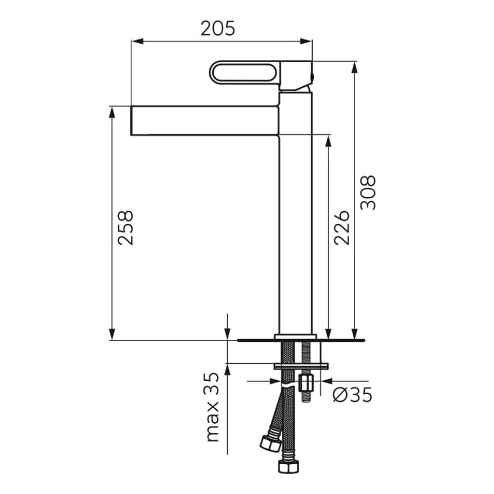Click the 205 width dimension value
(x=218, y=28)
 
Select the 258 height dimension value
(x=126, y=228)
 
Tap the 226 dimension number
(x=342, y=228)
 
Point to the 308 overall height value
(x=368, y=192)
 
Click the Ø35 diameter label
(x=352, y=395)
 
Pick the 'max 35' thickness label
(x=212, y=407)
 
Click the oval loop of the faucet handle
(x=245, y=73)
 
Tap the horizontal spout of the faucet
(x=205, y=121)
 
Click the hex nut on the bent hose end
(x=271, y=443)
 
